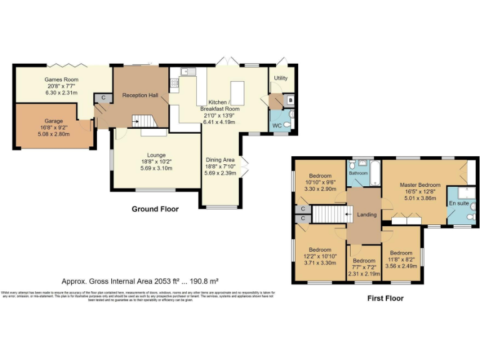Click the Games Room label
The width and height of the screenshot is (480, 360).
pos(61,80)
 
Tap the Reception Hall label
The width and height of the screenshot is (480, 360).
pos(139,95)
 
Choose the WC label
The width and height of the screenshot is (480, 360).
pos(275,126)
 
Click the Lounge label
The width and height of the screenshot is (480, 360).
pos(156,154)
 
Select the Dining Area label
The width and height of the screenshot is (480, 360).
pos(220,160)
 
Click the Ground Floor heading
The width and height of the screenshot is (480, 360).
pos(155,209)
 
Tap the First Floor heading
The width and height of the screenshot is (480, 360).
pos(385,299)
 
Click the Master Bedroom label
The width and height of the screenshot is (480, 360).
pos(420,185)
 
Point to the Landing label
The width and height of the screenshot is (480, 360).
pos(366,214)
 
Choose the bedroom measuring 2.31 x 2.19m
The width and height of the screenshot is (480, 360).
pos(364,267)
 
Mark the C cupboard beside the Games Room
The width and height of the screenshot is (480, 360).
pos(100,97)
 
